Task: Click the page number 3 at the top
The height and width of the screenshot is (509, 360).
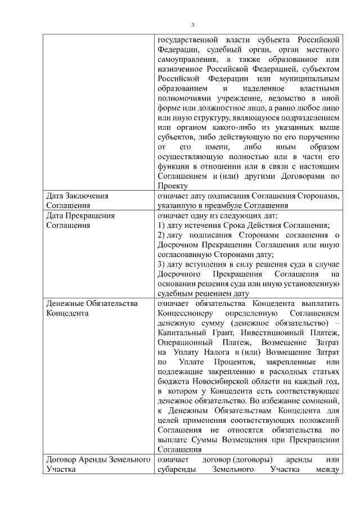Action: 193,25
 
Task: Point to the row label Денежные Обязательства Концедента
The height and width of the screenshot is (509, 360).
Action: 92,309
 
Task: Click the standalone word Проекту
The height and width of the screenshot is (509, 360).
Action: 172,186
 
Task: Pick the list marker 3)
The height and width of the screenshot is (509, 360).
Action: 161,264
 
